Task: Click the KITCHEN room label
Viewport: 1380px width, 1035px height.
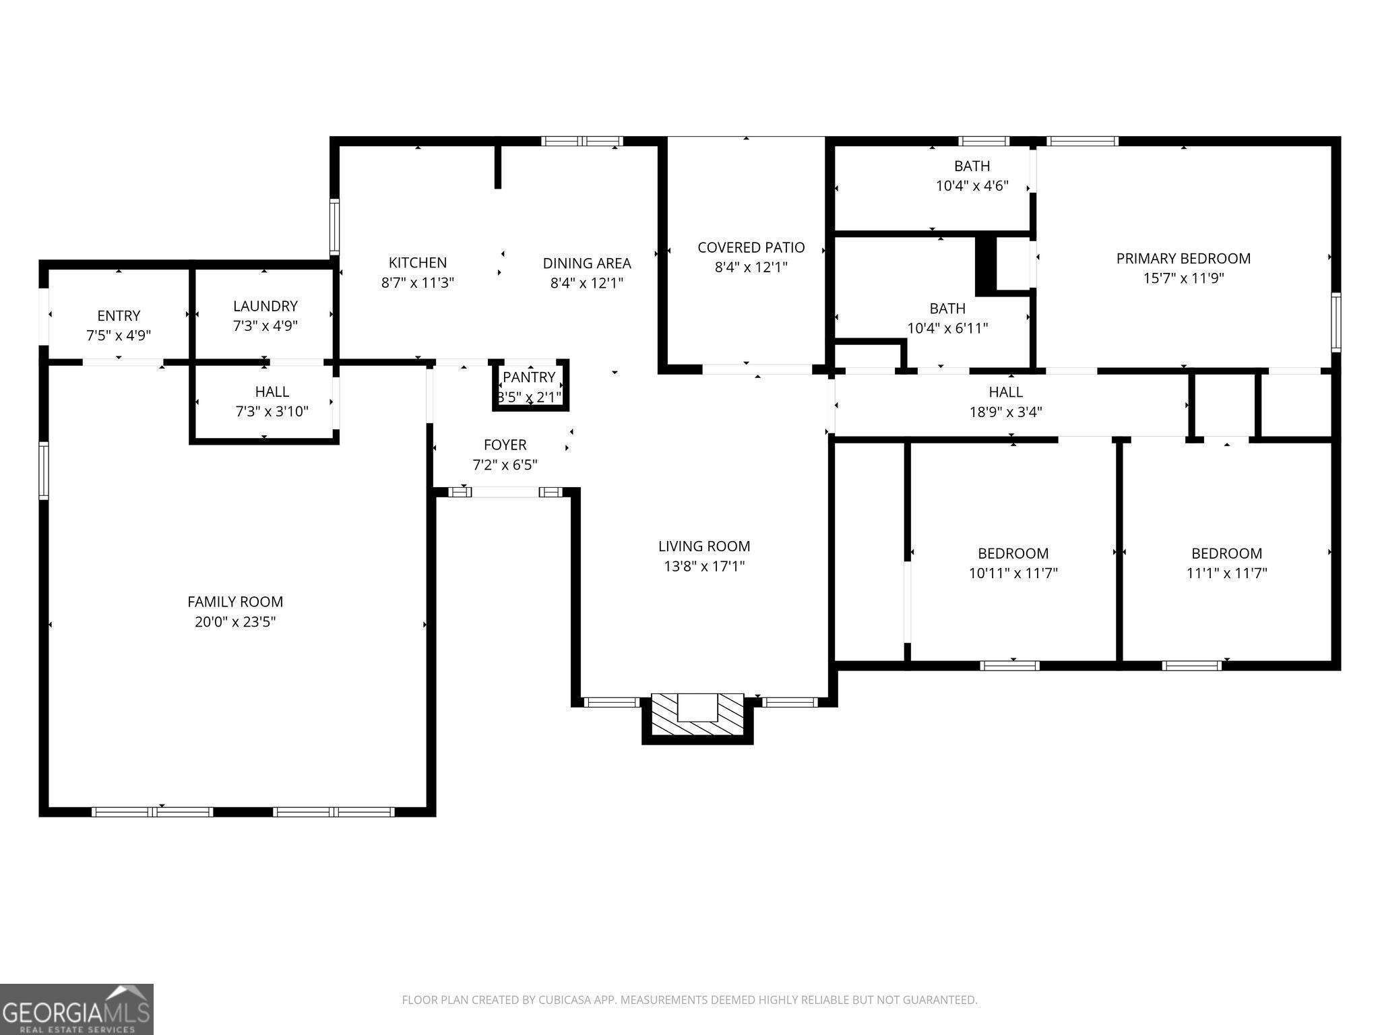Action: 418,263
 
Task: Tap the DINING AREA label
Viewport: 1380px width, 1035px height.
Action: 587,263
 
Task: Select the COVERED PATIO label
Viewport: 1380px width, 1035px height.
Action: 751,247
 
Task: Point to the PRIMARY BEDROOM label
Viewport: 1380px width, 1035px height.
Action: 1183,258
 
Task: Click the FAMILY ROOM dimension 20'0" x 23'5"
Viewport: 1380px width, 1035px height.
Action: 235,621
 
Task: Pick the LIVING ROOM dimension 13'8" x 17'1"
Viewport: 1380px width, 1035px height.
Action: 704,566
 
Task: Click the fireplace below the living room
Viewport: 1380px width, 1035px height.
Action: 697,718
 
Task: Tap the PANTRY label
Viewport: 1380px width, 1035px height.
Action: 529,377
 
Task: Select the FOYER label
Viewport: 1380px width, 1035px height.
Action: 505,445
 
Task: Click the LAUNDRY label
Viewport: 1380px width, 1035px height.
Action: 265,306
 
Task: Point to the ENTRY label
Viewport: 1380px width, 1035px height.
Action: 119,315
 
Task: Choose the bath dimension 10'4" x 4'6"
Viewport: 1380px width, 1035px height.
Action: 972,186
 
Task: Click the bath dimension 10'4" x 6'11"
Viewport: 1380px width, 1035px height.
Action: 947,328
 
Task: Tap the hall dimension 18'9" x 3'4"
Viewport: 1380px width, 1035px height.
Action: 1006,412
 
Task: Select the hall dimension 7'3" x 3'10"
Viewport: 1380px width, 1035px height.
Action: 272,411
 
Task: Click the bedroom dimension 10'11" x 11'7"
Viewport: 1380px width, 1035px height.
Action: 1013,573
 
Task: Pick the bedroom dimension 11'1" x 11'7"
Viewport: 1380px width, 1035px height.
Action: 1227,573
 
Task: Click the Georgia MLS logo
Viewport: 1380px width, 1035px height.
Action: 77,1009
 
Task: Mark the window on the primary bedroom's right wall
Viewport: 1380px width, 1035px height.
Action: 1336,322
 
